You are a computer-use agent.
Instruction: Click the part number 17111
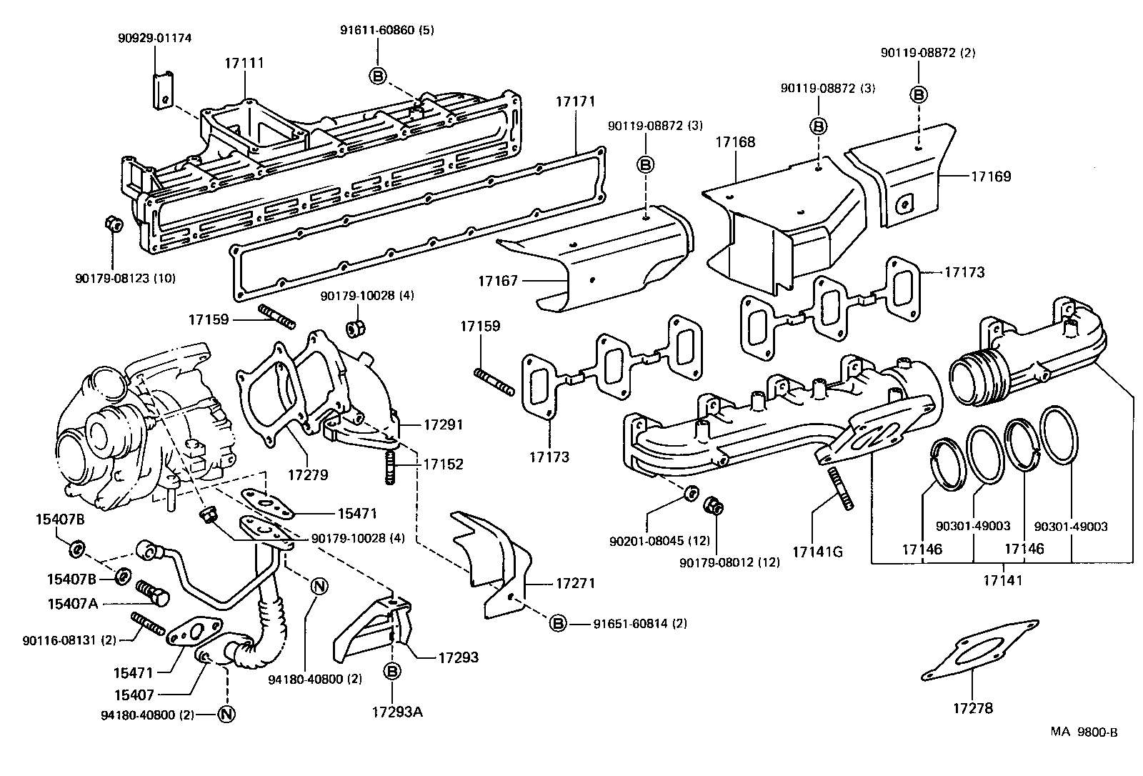coord(244,63)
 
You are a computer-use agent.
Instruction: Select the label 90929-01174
coord(154,37)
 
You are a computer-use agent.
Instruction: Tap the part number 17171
coord(575,102)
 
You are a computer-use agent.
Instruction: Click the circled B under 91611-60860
coord(377,75)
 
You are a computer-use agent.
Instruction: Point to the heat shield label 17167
coord(497,282)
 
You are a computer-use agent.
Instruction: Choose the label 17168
coord(735,142)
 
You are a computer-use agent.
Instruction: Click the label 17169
coord(991,176)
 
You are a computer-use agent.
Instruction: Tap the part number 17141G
coord(817,552)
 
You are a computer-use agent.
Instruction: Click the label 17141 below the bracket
coord(1002,580)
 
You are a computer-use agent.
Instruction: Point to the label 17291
coord(444,424)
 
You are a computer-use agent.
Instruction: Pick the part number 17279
coord(308,474)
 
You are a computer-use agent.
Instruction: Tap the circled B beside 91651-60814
coord(557,624)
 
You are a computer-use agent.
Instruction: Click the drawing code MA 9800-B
coord(1084,732)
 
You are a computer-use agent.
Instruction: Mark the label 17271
coord(575,583)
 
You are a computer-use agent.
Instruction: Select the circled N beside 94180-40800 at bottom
coord(226,714)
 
